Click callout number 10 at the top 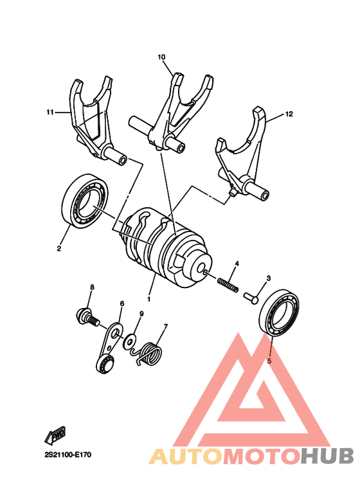point(161,57)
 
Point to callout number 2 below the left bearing point(59,248)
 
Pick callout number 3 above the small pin point(269,278)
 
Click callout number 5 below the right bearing point(269,361)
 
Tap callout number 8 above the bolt point(92,287)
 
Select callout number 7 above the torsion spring point(165,326)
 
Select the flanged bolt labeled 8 point(84,316)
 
